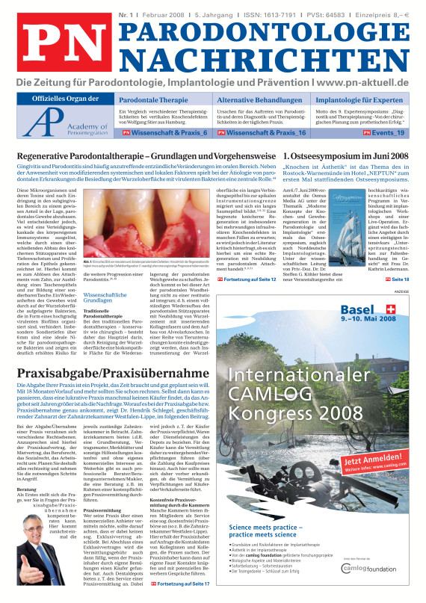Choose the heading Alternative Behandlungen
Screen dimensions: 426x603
click(259, 99)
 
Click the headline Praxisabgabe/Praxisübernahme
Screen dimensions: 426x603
click(113, 373)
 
